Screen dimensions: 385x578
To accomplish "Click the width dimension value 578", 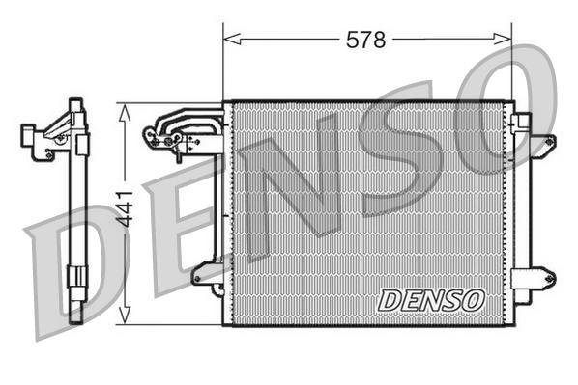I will tap(366, 40).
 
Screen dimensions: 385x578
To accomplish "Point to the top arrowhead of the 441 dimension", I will tap(124, 108).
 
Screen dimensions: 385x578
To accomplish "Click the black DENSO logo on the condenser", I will tap(430, 300).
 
